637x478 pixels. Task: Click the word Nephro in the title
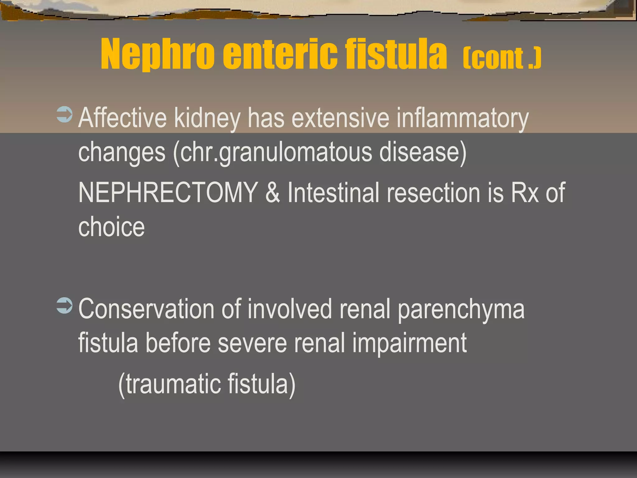pyautogui.click(x=157, y=54)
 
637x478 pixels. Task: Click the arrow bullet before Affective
pyautogui.click(x=64, y=115)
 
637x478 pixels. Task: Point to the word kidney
pyautogui.click(x=207, y=118)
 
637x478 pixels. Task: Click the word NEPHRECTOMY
pyautogui.click(x=168, y=193)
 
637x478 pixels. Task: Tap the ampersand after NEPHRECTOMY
pyautogui.click(x=272, y=193)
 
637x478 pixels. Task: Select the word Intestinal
pyautogui.click(x=333, y=193)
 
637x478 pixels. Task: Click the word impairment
pyautogui.click(x=409, y=343)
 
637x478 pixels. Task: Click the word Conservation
pyautogui.click(x=146, y=309)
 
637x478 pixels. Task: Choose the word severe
pyautogui.click(x=252, y=343)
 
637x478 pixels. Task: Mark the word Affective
pyautogui.click(x=123, y=118)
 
